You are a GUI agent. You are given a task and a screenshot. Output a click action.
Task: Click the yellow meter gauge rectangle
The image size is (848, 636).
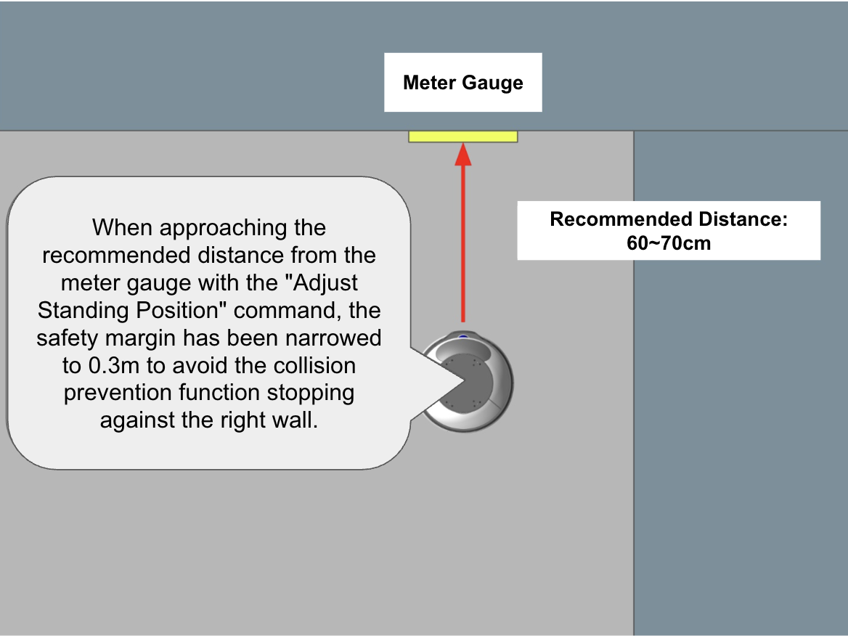(x=463, y=136)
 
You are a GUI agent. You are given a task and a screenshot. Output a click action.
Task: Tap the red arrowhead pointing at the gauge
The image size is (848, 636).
(x=463, y=154)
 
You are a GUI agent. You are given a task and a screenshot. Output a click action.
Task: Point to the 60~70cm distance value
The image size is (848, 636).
(x=669, y=243)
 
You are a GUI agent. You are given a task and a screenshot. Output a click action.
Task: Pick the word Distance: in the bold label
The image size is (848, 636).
(x=743, y=219)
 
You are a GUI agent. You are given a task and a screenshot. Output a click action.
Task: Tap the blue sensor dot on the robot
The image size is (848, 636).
(x=463, y=338)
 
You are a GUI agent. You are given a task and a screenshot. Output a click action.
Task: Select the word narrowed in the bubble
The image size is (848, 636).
(x=333, y=338)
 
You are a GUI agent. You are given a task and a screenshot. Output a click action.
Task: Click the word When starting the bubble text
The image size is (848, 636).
(x=123, y=228)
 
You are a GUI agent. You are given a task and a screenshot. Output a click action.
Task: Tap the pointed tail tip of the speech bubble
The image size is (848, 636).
(x=464, y=380)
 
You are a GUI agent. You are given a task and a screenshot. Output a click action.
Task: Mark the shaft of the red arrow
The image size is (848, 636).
(x=463, y=243)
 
